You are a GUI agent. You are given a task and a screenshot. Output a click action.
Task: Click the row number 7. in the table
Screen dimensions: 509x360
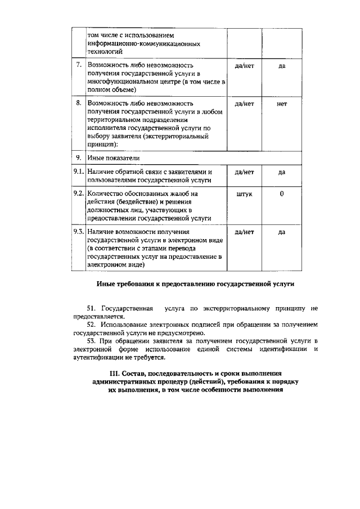pyautogui.click(x=79, y=66)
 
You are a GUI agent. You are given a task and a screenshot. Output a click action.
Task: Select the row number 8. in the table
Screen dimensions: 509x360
pyautogui.click(x=79, y=104)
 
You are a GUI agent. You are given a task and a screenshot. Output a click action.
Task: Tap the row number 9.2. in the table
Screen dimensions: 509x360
pyautogui.click(x=79, y=193)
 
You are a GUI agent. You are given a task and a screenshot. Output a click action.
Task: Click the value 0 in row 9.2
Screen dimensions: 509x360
pyautogui.click(x=282, y=193)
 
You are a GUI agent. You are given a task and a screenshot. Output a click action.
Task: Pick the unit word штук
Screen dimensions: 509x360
pyautogui.click(x=245, y=193)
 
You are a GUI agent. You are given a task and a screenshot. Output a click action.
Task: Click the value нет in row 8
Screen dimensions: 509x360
pyautogui.click(x=282, y=104)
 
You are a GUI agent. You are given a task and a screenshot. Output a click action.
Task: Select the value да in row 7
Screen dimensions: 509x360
pyautogui.click(x=282, y=66)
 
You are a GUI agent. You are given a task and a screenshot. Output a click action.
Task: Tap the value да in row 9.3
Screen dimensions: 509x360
pyautogui.click(x=282, y=232)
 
